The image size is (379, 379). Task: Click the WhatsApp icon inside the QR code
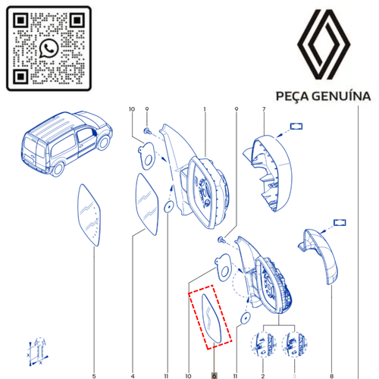49,48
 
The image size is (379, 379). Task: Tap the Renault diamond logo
324,45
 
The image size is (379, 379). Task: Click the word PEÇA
293,96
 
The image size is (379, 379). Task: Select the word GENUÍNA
341,96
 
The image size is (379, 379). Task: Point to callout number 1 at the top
205,109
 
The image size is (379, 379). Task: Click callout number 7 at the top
264,109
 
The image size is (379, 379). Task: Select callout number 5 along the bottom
94,376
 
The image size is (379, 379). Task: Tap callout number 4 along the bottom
133,376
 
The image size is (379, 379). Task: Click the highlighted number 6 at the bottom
215,376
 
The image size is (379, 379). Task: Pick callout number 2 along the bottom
263,376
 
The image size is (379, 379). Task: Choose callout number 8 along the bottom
331,376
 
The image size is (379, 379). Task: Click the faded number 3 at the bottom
294,376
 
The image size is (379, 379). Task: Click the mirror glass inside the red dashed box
211,319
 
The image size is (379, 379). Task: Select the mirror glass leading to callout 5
89,215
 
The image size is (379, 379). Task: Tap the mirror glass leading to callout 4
147,204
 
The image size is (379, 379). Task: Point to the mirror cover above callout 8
321,255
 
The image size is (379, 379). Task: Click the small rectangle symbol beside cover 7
296,126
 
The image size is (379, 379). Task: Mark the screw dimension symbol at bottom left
38,352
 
